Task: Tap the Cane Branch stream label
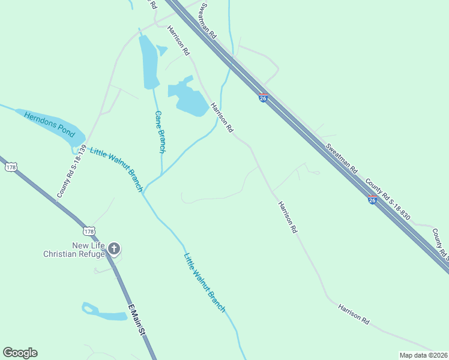click(x=160, y=131)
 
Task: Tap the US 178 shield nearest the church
click(x=89, y=232)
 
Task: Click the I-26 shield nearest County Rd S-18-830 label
click(x=372, y=200)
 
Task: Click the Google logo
click(x=20, y=353)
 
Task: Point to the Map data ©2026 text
click(x=423, y=355)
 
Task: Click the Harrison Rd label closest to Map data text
click(x=354, y=314)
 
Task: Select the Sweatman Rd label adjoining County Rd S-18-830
click(x=342, y=159)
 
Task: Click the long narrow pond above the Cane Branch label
click(x=148, y=60)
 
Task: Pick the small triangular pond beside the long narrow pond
click(x=161, y=50)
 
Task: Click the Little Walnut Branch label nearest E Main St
click(x=204, y=281)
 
